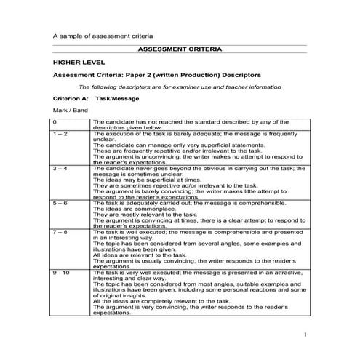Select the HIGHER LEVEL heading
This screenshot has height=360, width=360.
[74, 63]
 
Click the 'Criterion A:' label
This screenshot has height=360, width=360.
[71, 97]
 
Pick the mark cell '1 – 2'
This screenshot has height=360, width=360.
[60, 134]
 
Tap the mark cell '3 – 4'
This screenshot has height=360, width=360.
[60, 168]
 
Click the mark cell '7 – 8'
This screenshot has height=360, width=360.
[60, 231]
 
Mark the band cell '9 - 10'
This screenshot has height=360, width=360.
[61, 271]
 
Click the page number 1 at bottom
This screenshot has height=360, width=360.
[306, 334]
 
